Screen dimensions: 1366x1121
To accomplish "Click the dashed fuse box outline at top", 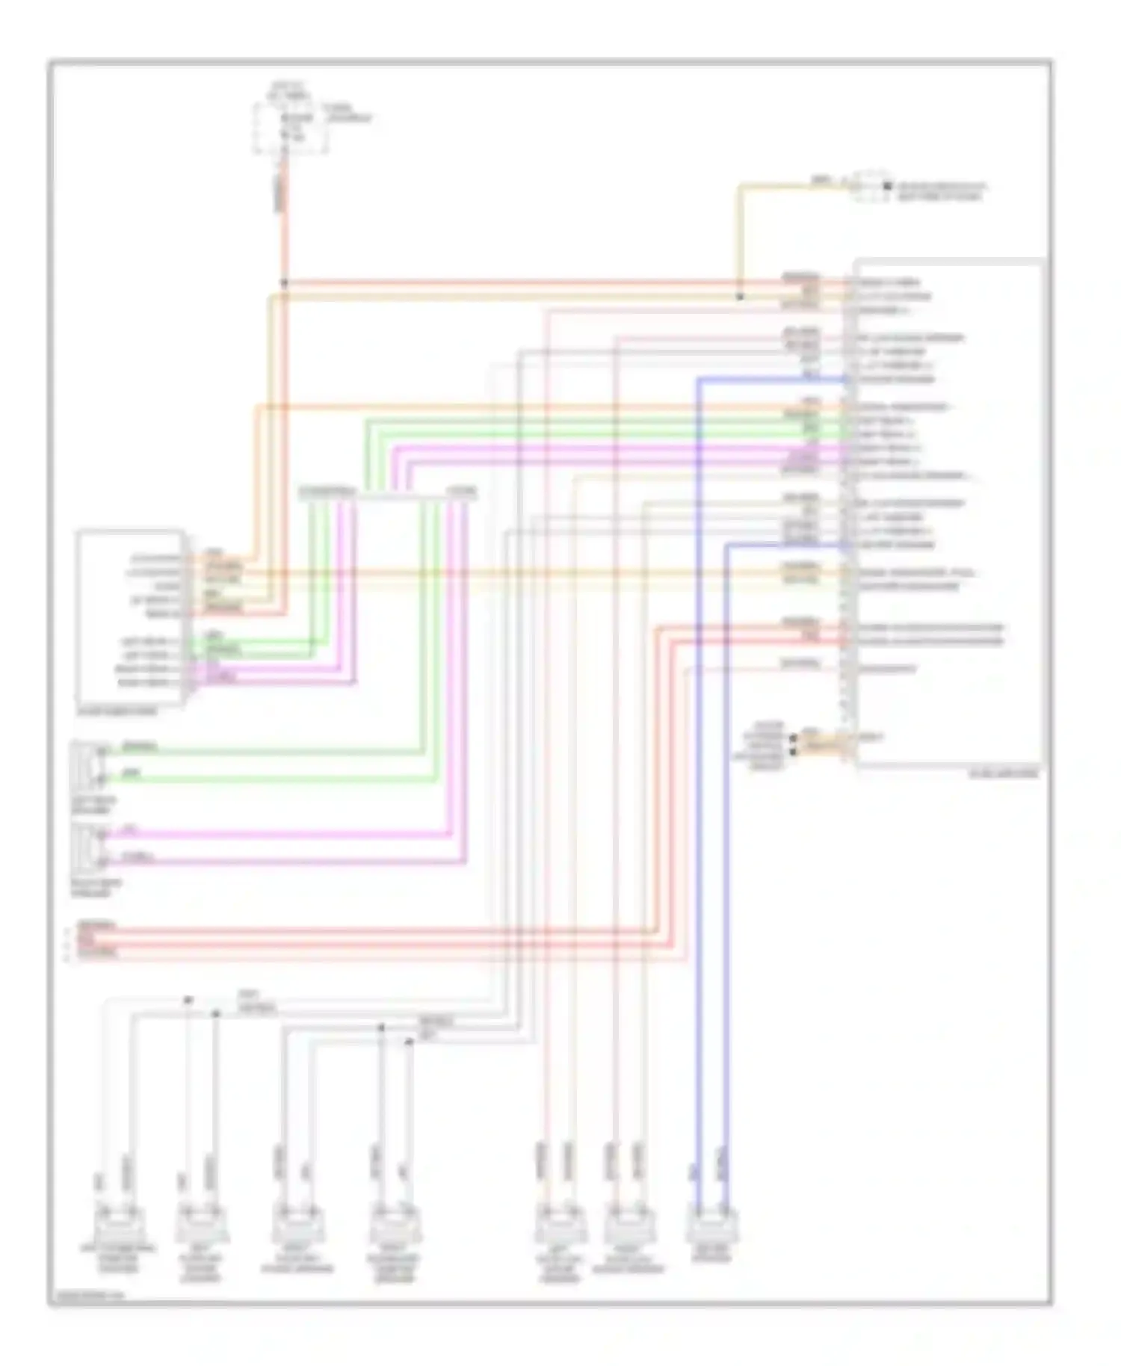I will [x=290, y=129].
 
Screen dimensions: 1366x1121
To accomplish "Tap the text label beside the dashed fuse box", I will [x=347, y=114].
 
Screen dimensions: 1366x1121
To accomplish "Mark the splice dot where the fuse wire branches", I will [x=284, y=283].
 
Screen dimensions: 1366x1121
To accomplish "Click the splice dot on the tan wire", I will [x=739, y=297].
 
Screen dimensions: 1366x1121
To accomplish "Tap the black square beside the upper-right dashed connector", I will [x=887, y=186].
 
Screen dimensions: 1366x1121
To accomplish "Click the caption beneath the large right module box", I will [x=1003, y=774].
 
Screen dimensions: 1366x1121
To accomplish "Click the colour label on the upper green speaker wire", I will [x=139, y=747].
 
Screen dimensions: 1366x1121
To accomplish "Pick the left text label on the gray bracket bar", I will [x=327, y=491].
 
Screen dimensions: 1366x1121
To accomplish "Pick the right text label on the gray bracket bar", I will [x=461, y=491].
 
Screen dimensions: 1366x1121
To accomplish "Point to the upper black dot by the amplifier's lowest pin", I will [x=793, y=737].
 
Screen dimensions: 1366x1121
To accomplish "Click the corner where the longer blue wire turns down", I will [x=699, y=380].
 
